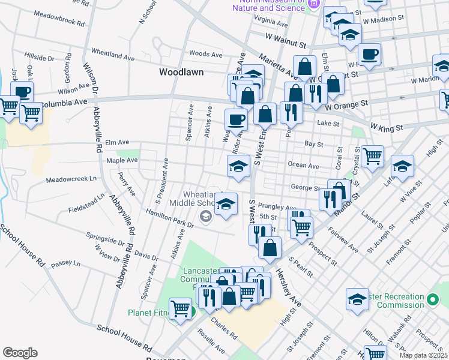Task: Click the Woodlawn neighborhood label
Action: pos(181,72)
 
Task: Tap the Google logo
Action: pos(20,353)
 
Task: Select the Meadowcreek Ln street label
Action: pos(71,179)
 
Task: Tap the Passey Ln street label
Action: pos(65,263)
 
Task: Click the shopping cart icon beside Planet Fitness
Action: pos(180,309)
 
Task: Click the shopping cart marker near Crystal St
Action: pos(372,157)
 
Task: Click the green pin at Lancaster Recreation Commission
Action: pos(433,299)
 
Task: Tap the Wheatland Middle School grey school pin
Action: pos(206,216)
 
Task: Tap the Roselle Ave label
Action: pos(211,343)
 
